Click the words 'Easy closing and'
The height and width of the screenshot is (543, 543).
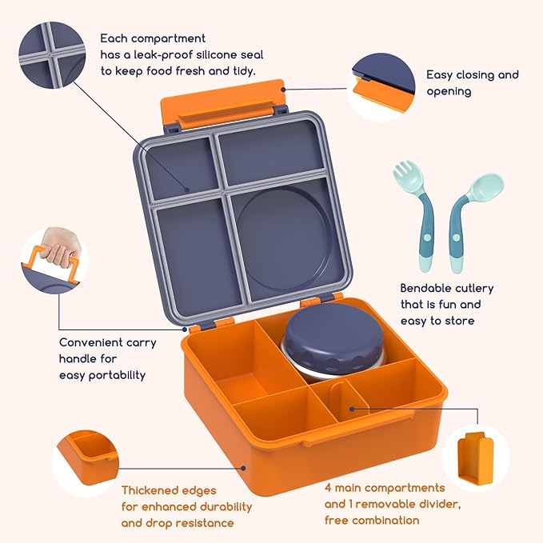point(472,74)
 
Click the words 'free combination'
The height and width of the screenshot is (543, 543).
point(372,521)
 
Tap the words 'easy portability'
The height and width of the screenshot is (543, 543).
point(102,374)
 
